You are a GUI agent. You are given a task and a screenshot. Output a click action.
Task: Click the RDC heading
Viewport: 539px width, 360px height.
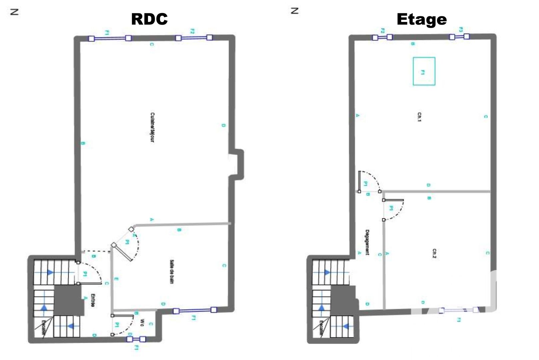pyautogui.click(x=149, y=19)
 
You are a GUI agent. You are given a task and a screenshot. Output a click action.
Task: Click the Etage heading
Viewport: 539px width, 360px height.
pyautogui.click(x=421, y=19)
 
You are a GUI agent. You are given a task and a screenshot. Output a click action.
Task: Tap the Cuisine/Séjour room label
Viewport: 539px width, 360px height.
pyautogui.click(x=152, y=127)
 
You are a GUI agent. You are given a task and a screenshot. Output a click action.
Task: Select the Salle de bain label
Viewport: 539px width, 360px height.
pyautogui.click(x=172, y=271)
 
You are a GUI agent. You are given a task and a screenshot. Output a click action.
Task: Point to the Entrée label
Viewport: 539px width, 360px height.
pyautogui.click(x=93, y=300)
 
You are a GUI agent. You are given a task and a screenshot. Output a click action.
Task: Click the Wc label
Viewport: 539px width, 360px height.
pyautogui.click(x=142, y=322)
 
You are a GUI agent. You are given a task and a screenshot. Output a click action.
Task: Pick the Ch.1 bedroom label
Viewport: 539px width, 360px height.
pyautogui.click(x=419, y=117)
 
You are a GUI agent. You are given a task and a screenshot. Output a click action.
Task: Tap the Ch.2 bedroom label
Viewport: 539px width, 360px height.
pyautogui.click(x=434, y=253)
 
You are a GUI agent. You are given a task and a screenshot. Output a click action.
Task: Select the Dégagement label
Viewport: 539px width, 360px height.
pyautogui.click(x=367, y=242)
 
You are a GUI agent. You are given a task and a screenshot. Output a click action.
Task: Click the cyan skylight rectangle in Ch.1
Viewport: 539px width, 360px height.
pyautogui.click(x=424, y=71)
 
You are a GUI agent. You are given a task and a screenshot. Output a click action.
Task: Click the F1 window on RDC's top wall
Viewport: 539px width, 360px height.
pyautogui.click(x=110, y=38)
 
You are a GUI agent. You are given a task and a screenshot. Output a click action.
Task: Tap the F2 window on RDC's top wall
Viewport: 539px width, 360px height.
pyautogui.click(x=194, y=38)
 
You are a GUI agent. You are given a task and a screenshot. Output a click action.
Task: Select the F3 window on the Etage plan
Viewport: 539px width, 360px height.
pyautogui.click(x=459, y=37)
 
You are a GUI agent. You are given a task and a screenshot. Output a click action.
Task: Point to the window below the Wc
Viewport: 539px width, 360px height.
pyautogui.click(x=136, y=339)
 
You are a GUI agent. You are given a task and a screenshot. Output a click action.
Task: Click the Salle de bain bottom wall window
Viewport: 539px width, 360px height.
pyautogui.click(x=195, y=311)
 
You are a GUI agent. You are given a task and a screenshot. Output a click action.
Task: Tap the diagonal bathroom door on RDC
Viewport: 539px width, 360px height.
pyautogui.click(x=122, y=252)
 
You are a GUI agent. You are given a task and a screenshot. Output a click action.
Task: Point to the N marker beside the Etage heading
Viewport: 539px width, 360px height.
pyautogui.click(x=295, y=11)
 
